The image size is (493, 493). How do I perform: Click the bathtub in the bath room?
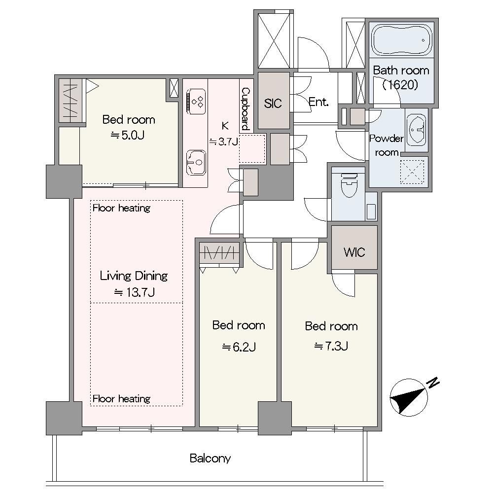401,39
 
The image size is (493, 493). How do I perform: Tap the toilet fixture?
349,185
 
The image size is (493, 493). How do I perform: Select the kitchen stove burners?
197,102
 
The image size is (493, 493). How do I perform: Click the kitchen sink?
196,162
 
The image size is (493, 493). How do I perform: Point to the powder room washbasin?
416,129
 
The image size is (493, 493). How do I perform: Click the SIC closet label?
273,103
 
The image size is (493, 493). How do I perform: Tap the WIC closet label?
354,252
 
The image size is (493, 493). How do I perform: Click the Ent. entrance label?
318,102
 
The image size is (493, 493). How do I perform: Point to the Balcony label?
210,458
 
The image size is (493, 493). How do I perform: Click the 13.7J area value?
134,292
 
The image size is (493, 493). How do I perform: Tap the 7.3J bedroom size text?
331,346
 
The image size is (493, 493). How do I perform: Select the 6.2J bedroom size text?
239,347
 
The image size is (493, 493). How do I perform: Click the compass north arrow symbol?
409,397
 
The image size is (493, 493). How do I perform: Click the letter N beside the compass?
433,383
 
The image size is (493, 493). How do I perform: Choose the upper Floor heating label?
121,208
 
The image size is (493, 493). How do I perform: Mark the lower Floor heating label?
121,399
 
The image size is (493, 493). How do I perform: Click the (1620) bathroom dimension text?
400,85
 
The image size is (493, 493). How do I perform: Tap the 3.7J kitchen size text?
223,142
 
